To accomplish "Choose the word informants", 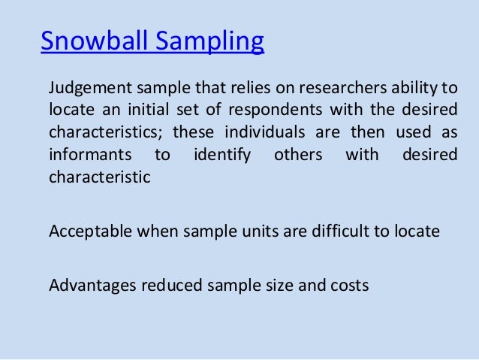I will pyautogui.click(x=89, y=156).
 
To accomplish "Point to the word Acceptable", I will pyautogui.click(x=89, y=231).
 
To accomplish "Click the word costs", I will pyautogui.click(x=348, y=286).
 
